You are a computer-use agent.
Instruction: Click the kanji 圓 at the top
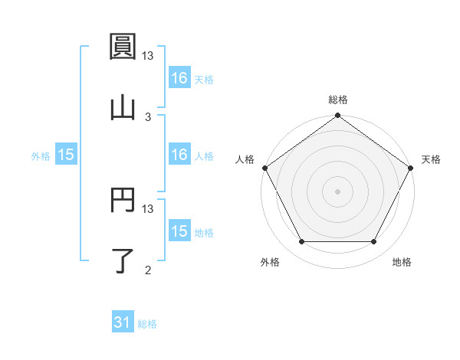coord(123,47)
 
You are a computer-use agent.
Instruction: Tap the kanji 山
coord(123,108)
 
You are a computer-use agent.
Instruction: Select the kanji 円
coord(123,200)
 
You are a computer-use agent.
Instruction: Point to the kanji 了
coord(123,260)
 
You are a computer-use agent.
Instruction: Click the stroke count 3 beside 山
coord(148,116)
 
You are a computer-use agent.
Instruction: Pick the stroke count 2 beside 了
coord(148,269)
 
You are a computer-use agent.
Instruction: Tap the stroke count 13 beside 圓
coord(148,55)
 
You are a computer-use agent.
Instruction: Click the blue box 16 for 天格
coord(179,77)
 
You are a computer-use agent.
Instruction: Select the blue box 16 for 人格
coord(179,155)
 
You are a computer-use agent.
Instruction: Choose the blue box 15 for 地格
coord(179,231)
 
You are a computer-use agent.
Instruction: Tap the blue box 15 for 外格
coord(66,155)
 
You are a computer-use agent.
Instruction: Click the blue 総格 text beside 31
coord(147,324)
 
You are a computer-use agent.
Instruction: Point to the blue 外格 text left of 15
coord(41,155)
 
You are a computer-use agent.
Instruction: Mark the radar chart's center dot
coord(337,191)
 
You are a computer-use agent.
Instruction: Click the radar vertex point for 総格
coord(337,116)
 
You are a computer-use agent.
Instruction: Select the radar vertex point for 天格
coord(412,168)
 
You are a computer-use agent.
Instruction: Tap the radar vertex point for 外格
coord(301,242)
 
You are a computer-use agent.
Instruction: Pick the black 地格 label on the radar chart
coord(402,263)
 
